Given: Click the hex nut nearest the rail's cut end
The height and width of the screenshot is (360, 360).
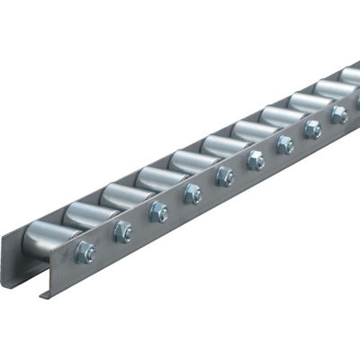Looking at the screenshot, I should tap(85, 253).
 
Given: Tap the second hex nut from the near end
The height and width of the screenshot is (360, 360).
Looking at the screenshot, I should tap(123, 232).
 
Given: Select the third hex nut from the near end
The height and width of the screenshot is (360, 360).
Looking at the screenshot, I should tap(158, 212).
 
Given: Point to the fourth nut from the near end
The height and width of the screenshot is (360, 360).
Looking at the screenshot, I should tap(193, 193).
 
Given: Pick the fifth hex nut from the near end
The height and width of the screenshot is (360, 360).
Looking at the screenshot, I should tap(225, 176).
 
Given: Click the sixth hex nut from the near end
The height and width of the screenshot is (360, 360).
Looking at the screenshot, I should tap(256, 160).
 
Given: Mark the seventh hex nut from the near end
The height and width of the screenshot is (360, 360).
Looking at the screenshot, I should tap(284, 144).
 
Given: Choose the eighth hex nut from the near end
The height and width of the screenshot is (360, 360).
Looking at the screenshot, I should tap(312, 129).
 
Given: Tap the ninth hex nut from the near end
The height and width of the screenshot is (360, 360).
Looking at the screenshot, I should tap(338, 114).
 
